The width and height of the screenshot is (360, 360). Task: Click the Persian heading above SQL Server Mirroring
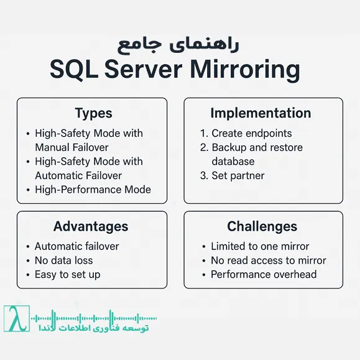pos(179,45)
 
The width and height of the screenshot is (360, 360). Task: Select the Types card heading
pos(93,113)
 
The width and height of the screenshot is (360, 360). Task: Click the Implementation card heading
pos(261,113)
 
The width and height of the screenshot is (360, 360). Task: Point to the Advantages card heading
pos(91,226)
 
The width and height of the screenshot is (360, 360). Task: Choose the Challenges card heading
pos(262,226)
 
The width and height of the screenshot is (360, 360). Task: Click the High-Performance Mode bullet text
pos(93,190)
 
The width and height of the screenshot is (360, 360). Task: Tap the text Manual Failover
pos(72,147)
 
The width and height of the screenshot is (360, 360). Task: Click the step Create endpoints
pos(251,133)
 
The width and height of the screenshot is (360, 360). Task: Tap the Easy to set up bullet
pos(67,274)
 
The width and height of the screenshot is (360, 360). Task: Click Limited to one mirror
pos(260,246)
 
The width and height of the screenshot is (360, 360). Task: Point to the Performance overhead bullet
pos(264,274)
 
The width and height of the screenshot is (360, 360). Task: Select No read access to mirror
pos(268,261)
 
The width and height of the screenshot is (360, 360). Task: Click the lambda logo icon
pos(16,319)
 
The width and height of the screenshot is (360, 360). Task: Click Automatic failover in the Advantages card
pos(76,246)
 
